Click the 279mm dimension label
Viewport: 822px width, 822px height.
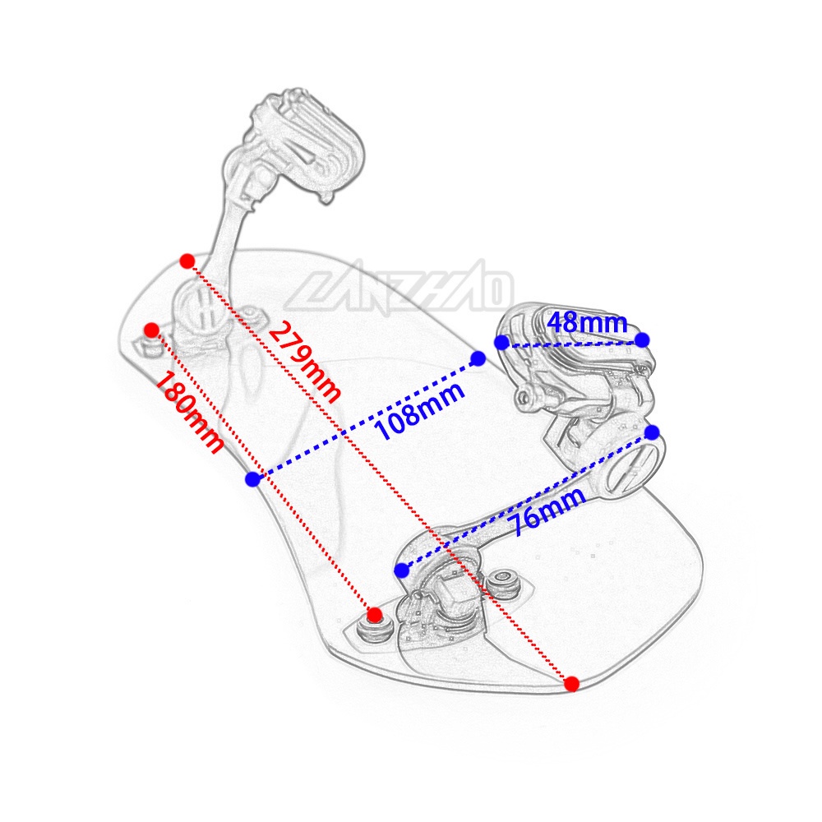[304, 361]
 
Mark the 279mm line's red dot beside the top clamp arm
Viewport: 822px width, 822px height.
[187, 261]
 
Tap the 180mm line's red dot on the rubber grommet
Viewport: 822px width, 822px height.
[375, 614]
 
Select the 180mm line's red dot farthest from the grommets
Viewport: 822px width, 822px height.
[151, 330]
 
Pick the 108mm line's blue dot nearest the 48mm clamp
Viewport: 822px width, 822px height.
[478, 358]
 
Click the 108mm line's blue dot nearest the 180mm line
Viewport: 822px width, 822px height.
[253, 478]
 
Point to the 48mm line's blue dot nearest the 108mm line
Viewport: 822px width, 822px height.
[501, 342]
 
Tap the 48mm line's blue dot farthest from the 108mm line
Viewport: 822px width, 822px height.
[642, 339]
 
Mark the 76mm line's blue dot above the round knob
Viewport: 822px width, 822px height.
[652, 432]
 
